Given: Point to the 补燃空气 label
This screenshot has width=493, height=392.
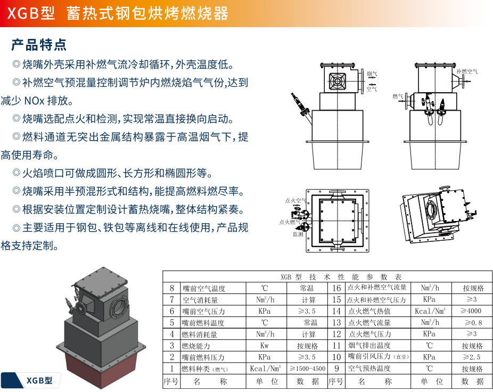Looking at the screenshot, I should click(466, 71).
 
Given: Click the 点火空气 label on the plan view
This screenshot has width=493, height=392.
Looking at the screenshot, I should click(295, 201).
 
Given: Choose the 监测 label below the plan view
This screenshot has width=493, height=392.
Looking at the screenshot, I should click(298, 234).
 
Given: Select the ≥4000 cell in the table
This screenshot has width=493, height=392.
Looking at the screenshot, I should click(472, 311).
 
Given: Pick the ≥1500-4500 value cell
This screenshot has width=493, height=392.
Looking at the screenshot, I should click(307, 369).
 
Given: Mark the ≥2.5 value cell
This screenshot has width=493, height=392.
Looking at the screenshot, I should click(472, 357).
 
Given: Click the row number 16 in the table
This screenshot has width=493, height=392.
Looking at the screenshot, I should click(336, 288).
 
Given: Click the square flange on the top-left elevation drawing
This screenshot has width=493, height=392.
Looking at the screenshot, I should click(338, 81).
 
